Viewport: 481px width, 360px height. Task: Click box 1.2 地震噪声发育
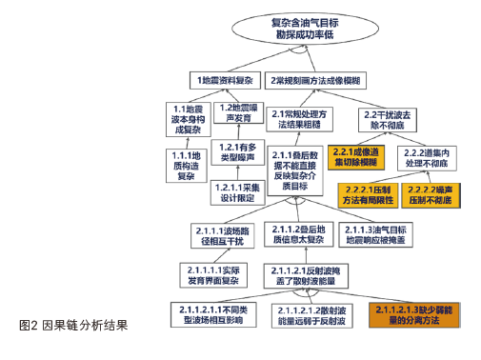pyautogui.click(x=239, y=113)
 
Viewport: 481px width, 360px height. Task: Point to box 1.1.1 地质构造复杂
pyautogui.click(x=182, y=164)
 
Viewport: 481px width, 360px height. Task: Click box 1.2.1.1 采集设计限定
pyautogui.click(x=238, y=191)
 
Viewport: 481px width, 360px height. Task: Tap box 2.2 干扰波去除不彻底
pyautogui.click(x=386, y=119)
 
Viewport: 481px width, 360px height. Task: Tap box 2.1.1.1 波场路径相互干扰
pyautogui.click(x=222, y=234)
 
